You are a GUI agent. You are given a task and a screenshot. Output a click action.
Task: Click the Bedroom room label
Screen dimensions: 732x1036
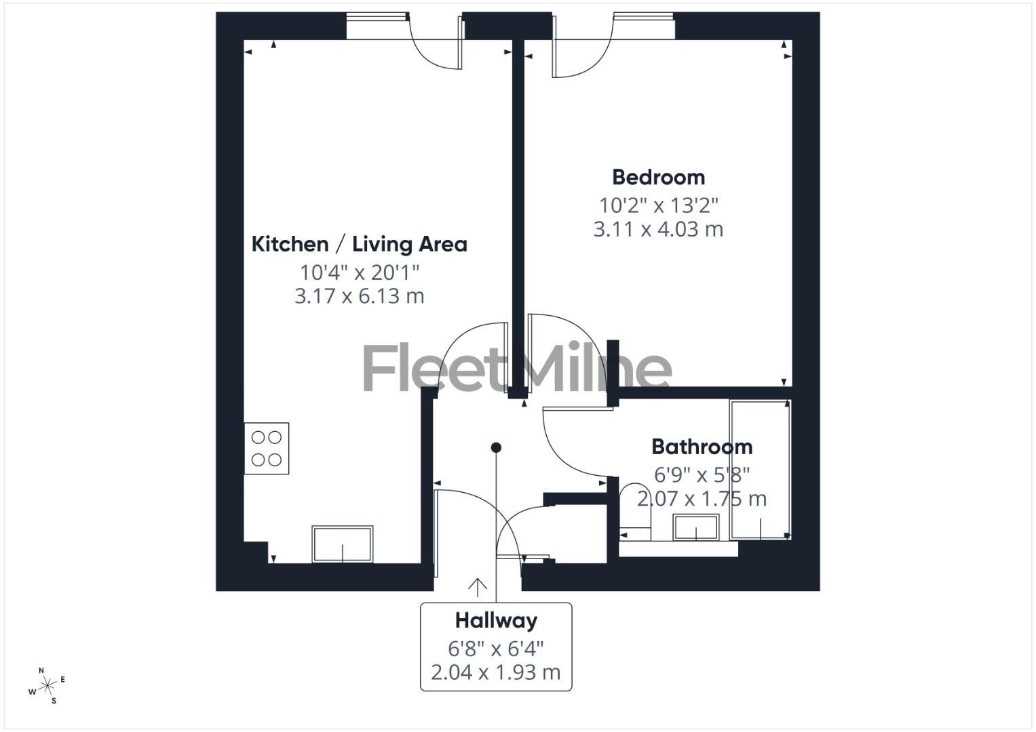point(658,178)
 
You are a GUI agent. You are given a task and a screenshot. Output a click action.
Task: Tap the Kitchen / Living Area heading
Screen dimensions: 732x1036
point(359,244)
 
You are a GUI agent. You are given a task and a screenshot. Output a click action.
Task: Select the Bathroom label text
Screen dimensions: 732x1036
point(702,447)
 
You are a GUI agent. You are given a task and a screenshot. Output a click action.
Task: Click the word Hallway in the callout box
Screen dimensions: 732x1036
point(496,620)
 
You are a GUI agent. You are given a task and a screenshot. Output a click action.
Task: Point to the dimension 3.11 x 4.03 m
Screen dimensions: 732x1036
point(658,229)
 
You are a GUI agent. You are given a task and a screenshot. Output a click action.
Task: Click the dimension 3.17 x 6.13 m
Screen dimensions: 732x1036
point(359,296)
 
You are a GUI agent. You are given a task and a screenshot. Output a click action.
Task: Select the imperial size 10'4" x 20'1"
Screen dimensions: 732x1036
point(360,272)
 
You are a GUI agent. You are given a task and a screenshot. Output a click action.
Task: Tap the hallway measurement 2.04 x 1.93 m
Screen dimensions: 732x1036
point(496,672)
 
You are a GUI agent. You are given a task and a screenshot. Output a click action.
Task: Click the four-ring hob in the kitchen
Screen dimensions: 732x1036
point(267,449)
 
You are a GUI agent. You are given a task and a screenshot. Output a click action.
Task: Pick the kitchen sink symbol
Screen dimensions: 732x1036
point(342,544)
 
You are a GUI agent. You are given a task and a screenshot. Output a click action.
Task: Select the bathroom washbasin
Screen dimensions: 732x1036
point(695,527)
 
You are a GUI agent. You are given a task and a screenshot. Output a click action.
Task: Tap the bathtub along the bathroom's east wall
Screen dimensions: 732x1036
point(760,469)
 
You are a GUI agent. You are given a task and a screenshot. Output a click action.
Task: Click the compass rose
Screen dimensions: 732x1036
point(47,686)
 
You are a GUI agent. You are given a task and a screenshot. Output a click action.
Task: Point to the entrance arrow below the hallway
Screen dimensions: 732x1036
point(478,587)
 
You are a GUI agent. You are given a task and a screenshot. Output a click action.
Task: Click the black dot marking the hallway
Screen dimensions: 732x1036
point(496,447)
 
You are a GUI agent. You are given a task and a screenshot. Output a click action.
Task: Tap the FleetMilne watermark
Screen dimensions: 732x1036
point(517,368)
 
